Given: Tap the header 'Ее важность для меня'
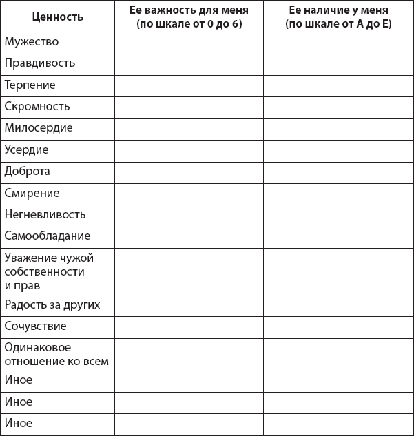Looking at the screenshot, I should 189,10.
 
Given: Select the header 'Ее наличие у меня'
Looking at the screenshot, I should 338,10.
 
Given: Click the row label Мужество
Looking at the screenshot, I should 32,42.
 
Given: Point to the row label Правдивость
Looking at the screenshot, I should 40,63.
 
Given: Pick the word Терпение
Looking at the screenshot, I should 30,85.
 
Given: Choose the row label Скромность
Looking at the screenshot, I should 37,107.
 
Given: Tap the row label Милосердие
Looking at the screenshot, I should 39,128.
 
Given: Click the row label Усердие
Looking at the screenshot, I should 27,149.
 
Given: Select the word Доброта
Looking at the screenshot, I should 28,171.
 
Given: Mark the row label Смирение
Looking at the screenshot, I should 32,193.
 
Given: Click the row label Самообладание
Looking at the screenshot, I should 48,236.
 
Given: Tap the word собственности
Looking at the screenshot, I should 48,271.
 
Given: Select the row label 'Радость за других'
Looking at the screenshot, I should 52,304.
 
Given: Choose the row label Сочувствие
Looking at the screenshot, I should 36,326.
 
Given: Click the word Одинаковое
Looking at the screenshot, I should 38,347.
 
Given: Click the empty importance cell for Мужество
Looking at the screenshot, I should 189,42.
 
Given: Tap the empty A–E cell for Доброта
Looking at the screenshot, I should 338,171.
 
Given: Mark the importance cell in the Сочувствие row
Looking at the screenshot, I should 189,326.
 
